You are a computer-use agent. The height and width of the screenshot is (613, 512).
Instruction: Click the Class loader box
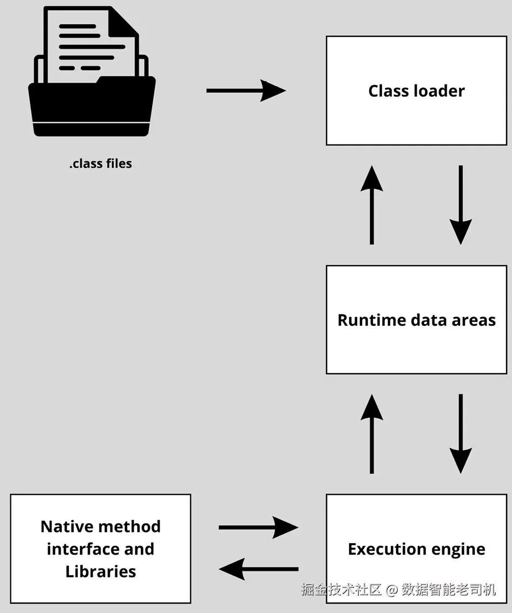click(x=417, y=91)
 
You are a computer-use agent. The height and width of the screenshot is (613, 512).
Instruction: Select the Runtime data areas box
click(x=417, y=320)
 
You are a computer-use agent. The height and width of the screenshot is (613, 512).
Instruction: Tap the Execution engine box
click(x=417, y=549)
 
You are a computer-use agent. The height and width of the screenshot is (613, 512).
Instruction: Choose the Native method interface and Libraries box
click(x=101, y=549)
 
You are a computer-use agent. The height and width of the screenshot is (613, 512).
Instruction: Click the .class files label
click(x=101, y=163)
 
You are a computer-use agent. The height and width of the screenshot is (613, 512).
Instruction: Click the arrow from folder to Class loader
click(x=246, y=91)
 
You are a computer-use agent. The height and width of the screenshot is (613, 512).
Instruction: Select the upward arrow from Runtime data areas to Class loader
click(x=372, y=205)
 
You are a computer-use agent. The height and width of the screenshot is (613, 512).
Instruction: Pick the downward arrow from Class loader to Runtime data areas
click(x=461, y=205)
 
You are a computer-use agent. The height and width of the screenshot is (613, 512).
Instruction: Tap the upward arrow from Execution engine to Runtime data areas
click(x=372, y=434)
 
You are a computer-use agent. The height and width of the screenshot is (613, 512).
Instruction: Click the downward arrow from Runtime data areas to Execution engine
click(x=461, y=434)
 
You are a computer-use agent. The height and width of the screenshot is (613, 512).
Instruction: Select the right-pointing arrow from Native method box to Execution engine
click(x=259, y=528)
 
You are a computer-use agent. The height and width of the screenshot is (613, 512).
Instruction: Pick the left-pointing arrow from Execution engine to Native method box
click(x=259, y=569)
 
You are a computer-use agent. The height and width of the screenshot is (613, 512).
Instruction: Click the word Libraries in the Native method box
click(x=101, y=571)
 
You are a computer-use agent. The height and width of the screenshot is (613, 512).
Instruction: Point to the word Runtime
click(x=372, y=320)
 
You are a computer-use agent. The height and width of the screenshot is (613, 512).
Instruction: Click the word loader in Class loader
click(x=440, y=91)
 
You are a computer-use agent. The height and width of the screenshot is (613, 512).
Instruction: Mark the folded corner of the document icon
click(x=123, y=22)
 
